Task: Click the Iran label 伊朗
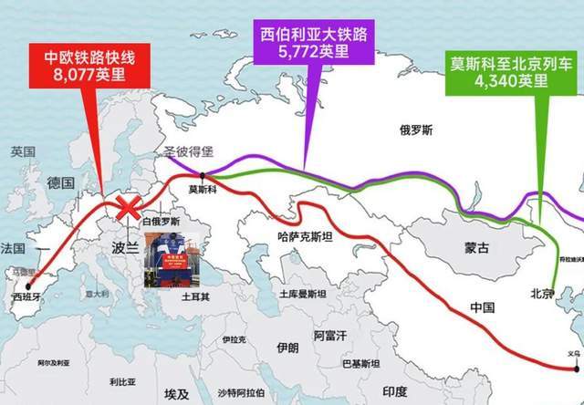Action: [287, 348]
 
